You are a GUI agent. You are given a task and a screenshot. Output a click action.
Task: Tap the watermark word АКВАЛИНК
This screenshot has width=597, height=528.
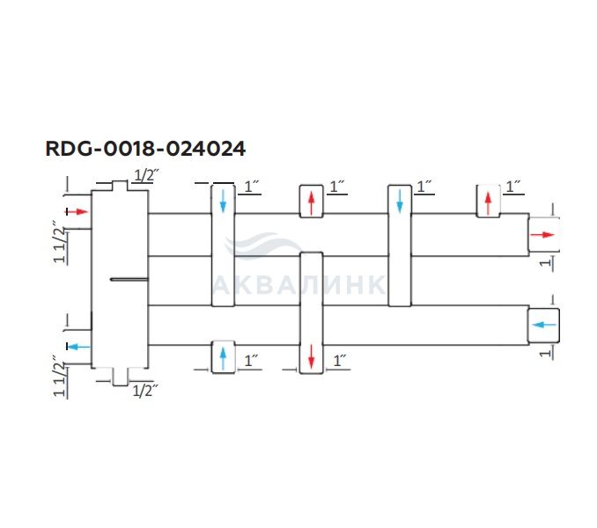(299, 285)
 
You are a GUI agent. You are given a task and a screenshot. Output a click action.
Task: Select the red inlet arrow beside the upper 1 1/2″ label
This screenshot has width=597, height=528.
(77, 212)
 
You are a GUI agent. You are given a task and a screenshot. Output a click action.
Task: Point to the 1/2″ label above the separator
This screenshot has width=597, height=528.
(144, 175)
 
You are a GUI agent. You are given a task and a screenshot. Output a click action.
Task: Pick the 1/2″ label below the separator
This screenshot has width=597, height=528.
(144, 391)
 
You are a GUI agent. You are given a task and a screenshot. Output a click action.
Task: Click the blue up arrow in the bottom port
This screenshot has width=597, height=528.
(223, 357)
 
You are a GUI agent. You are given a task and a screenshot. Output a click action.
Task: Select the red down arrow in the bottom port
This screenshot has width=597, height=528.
(311, 357)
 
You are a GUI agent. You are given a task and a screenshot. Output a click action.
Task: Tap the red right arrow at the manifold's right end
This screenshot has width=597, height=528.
(542, 235)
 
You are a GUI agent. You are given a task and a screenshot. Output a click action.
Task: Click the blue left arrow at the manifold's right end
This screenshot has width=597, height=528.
(543, 325)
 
